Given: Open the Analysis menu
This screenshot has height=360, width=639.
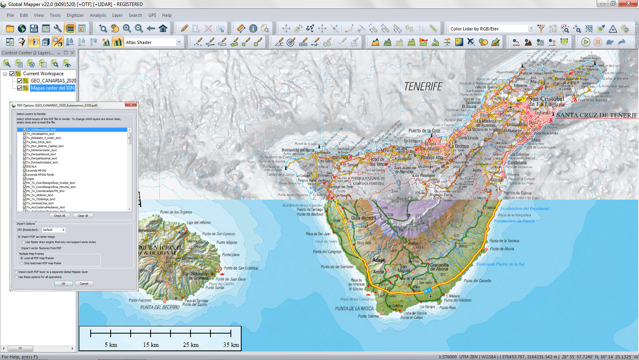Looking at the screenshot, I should [x=98, y=15].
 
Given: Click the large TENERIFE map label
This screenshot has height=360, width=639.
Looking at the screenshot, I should [x=423, y=87].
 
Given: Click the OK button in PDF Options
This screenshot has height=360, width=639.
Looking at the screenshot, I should [x=64, y=284].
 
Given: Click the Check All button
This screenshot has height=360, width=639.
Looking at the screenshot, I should [x=60, y=216].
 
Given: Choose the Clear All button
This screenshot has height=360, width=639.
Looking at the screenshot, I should [x=83, y=216].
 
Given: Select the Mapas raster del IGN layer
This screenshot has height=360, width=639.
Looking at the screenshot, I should [x=52, y=88].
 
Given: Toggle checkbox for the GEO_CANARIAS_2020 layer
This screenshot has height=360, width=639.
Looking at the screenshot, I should [x=19, y=81].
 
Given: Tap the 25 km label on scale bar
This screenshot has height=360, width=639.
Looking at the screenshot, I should [x=191, y=345].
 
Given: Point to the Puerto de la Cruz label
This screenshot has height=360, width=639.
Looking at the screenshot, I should [x=424, y=131].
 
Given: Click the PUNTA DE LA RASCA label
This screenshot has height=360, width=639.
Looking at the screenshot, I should [x=354, y=308].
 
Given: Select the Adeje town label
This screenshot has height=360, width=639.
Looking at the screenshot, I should [x=378, y=260].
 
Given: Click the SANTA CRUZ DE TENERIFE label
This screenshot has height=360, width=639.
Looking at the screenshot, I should [x=597, y=115].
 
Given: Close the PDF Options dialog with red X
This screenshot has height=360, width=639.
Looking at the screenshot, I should [x=131, y=105].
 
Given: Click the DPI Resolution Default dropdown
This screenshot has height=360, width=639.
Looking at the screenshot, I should [x=54, y=230].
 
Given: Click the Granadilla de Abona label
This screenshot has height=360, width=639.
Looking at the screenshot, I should [x=439, y=267].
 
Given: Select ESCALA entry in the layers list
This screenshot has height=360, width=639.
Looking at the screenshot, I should [x=32, y=166].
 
